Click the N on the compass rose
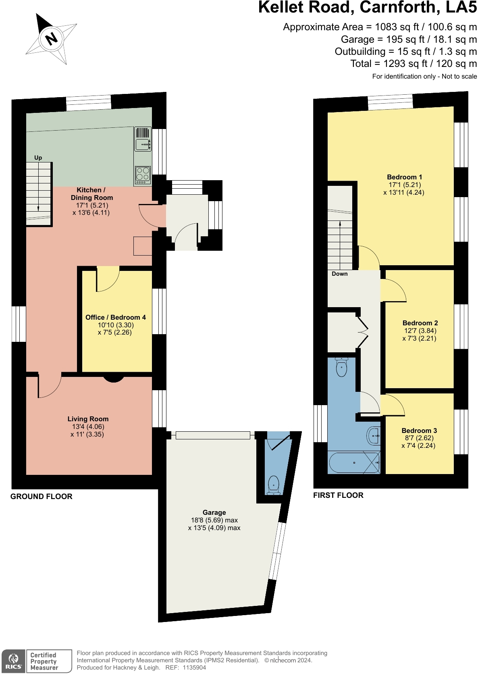52,38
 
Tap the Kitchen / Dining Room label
92,194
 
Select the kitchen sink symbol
143,144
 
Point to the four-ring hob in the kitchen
143,175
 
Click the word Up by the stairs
38,158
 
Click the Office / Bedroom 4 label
116,317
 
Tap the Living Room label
88,419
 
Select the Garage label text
214,512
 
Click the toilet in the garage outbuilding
274,485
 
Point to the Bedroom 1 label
404,177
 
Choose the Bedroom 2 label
420,323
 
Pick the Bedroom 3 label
419,431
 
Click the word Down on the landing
340,274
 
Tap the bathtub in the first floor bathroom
354,462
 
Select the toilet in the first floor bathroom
342,367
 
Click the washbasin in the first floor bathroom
374,435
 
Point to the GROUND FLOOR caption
42,496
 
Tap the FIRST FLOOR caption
339,495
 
